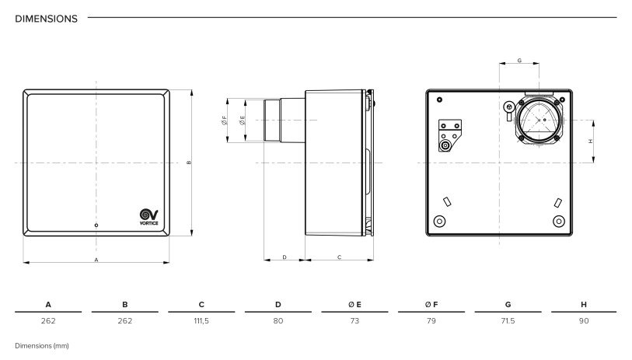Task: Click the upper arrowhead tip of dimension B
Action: pyautogui.click(x=191, y=90)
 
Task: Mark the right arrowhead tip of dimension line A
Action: pyautogui.click(x=169, y=263)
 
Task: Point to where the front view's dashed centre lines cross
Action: pyautogui.click(x=96, y=163)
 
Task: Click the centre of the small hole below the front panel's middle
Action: pyautogui.click(x=96, y=225)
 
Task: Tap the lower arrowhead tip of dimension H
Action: pyautogui.click(x=593, y=163)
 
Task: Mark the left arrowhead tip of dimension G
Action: pyautogui.click(x=499, y=63)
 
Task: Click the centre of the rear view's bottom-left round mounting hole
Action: pyautogui.click(x=439, y=221)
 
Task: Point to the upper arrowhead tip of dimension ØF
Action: pyautogui.click(x=228, y=99)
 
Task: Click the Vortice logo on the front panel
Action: pyautogui.click(x=148, y=217)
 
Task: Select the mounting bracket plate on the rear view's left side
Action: pyautogui.click(x=449, y=135)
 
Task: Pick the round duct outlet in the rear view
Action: pyautogui.click(x=539, y=120)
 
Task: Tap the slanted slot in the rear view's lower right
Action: pyautogui.click(x=558, y=203)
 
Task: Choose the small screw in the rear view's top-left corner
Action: pyautogui.click(x=439, y=100)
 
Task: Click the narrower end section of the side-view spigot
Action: pyautogui.click(x=272, y=120)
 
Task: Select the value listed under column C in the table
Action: pyautogui.click(x=201, y=321)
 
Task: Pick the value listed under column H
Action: pyautogui.click(x=584, y=321)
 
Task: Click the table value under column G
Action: pyautogui.click(x=508, y=321)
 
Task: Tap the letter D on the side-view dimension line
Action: pyautogui.click(x=285, y=257)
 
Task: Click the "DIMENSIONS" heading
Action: pyautogui.click(x=47, y=19)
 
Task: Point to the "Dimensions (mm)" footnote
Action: pyautogui.click(x=42, y=346)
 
